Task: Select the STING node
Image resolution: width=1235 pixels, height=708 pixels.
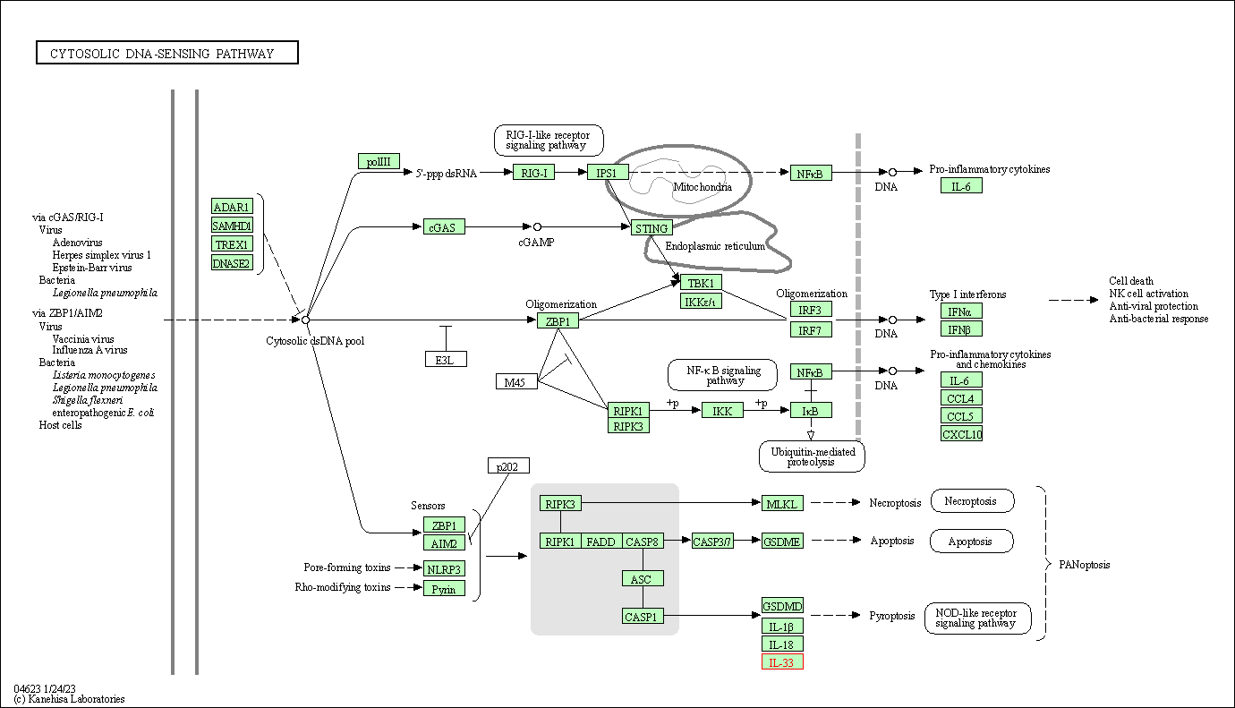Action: (652, 228)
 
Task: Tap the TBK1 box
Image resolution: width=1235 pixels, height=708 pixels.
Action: (701, 283)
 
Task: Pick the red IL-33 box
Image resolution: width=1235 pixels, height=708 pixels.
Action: (782, 662)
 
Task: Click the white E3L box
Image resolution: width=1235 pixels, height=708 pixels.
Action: (446, 359)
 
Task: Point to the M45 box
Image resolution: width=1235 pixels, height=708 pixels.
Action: (516, 382)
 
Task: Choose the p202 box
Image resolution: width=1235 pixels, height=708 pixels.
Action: (508, 465)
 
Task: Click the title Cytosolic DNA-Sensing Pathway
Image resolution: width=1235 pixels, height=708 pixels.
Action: (167, 54)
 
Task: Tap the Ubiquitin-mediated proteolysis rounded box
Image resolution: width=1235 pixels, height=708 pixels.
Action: (812, 456)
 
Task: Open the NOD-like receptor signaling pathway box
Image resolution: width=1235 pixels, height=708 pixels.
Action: (977, 618)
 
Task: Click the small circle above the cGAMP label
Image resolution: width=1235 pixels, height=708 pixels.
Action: (537, 227)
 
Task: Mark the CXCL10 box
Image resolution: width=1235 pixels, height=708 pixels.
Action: (961, 434)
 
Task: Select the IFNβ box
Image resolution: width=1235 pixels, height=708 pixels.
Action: (961, 329)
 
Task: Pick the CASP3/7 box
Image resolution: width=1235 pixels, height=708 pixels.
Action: (712, 541)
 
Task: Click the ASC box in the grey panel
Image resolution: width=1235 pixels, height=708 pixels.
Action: (643, 578)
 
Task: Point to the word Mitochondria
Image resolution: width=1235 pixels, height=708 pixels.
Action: (703, 187)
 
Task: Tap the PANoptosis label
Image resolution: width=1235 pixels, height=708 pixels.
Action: (1085, 565)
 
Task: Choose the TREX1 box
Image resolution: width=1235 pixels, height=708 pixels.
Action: (232, 243)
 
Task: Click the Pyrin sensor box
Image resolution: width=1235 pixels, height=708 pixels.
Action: (444, 588)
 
